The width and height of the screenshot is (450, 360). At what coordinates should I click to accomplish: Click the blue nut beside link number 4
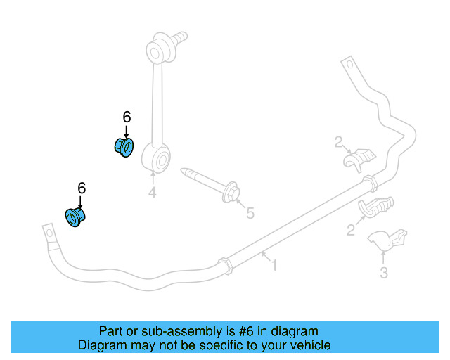(x=124, y=148)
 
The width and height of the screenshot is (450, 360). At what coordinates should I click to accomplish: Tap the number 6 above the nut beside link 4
(x=127, y=117)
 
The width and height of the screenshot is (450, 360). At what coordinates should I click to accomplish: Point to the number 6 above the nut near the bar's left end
(x=82, y=188)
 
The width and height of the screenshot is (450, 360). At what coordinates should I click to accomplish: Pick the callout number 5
(x=250, y=212)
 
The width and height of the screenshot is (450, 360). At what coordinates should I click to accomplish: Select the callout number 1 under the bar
(x=274, y=266)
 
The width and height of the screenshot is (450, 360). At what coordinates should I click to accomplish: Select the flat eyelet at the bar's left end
(x=50, y=233)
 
